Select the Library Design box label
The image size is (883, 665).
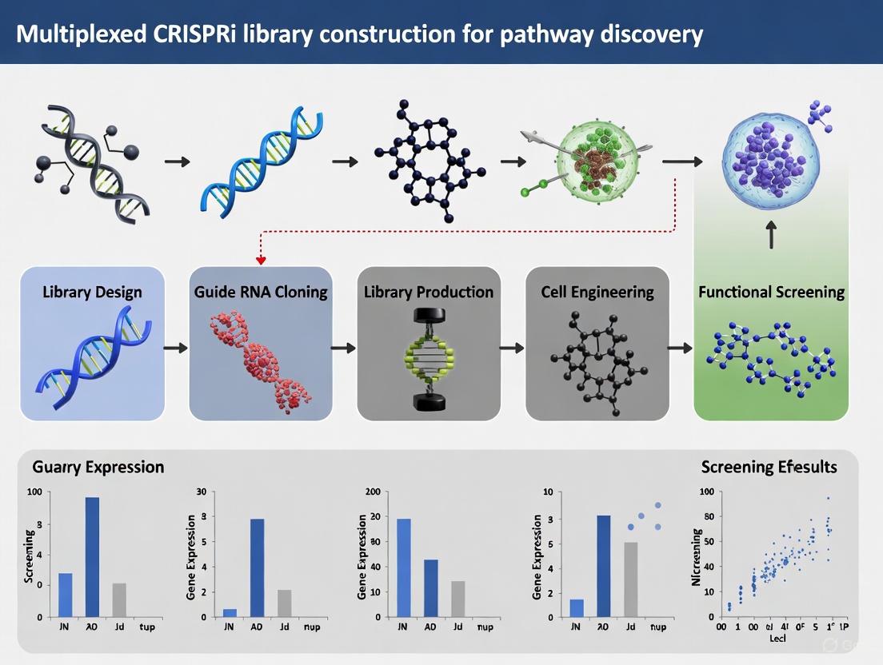pos(92,293)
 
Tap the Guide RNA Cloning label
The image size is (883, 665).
pos(261,292)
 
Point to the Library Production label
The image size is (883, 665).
pos(429,292)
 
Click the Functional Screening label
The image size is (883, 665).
pos(771,292)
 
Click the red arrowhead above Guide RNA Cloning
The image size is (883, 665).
pos(260,259)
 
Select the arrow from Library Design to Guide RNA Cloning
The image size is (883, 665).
pos(176,348)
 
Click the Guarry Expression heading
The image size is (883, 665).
pos(98,468)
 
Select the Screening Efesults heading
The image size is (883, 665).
pos(769,467)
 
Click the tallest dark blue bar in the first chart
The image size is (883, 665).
pos(92,557)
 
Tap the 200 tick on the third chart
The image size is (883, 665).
pos(372,492)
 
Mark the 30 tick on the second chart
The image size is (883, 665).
pos(201,492)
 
